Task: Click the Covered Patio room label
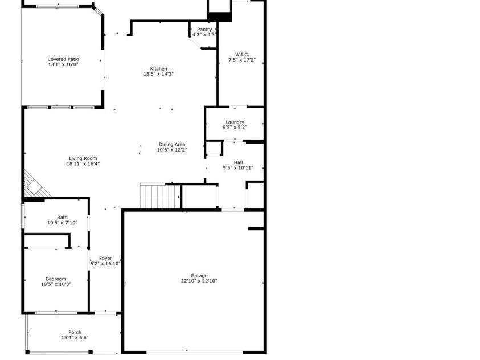point(63,59)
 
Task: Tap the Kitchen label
point(158,68)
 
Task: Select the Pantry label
point(204,30)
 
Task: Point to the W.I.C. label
point(242,54)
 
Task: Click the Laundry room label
point(235,122)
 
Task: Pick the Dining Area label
point(172,144)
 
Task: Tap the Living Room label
point(83,158)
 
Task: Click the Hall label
point(238,162)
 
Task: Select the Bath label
point(62,217)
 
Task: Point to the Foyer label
point(105,258)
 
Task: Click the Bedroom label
point(56,279)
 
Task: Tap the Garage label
point(199,275)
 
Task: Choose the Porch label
point(75,332)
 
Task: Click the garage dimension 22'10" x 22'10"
point(199,281)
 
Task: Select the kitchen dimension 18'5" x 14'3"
point(158,74)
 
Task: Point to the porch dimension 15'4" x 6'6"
point(75,338)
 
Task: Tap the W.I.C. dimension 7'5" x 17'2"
point(242,60)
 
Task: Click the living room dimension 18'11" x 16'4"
point(83,164)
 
